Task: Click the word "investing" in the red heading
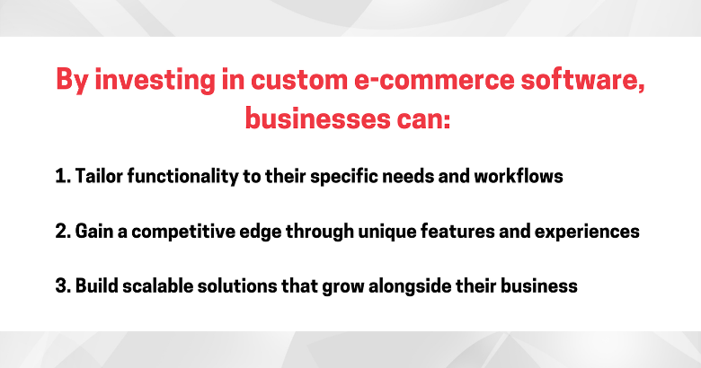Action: [x=155, y=81]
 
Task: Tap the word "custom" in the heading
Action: [x=299, y=80]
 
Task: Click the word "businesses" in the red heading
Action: [x=317, y=119]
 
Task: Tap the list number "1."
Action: [x=63, y=177]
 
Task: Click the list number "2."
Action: [x=63, y=232]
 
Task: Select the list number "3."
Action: [x=63, y=286]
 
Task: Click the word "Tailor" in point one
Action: [x=98, y=176]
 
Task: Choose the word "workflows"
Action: [x=519, y=176]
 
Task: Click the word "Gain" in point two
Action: [x=93, y=232]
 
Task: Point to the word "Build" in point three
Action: [x=96, y=285]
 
